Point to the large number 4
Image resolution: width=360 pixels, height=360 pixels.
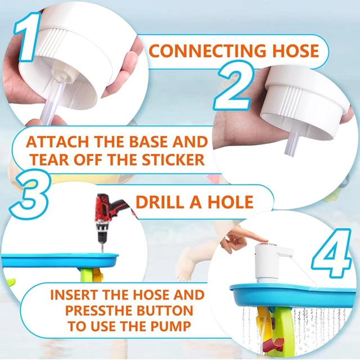[332, 253]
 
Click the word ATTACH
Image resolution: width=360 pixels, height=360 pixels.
[57, 142]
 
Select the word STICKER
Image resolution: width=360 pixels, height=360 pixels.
[173, 159]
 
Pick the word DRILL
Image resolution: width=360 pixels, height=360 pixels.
[160, 202]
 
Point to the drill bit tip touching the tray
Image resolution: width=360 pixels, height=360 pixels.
[102, 252]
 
